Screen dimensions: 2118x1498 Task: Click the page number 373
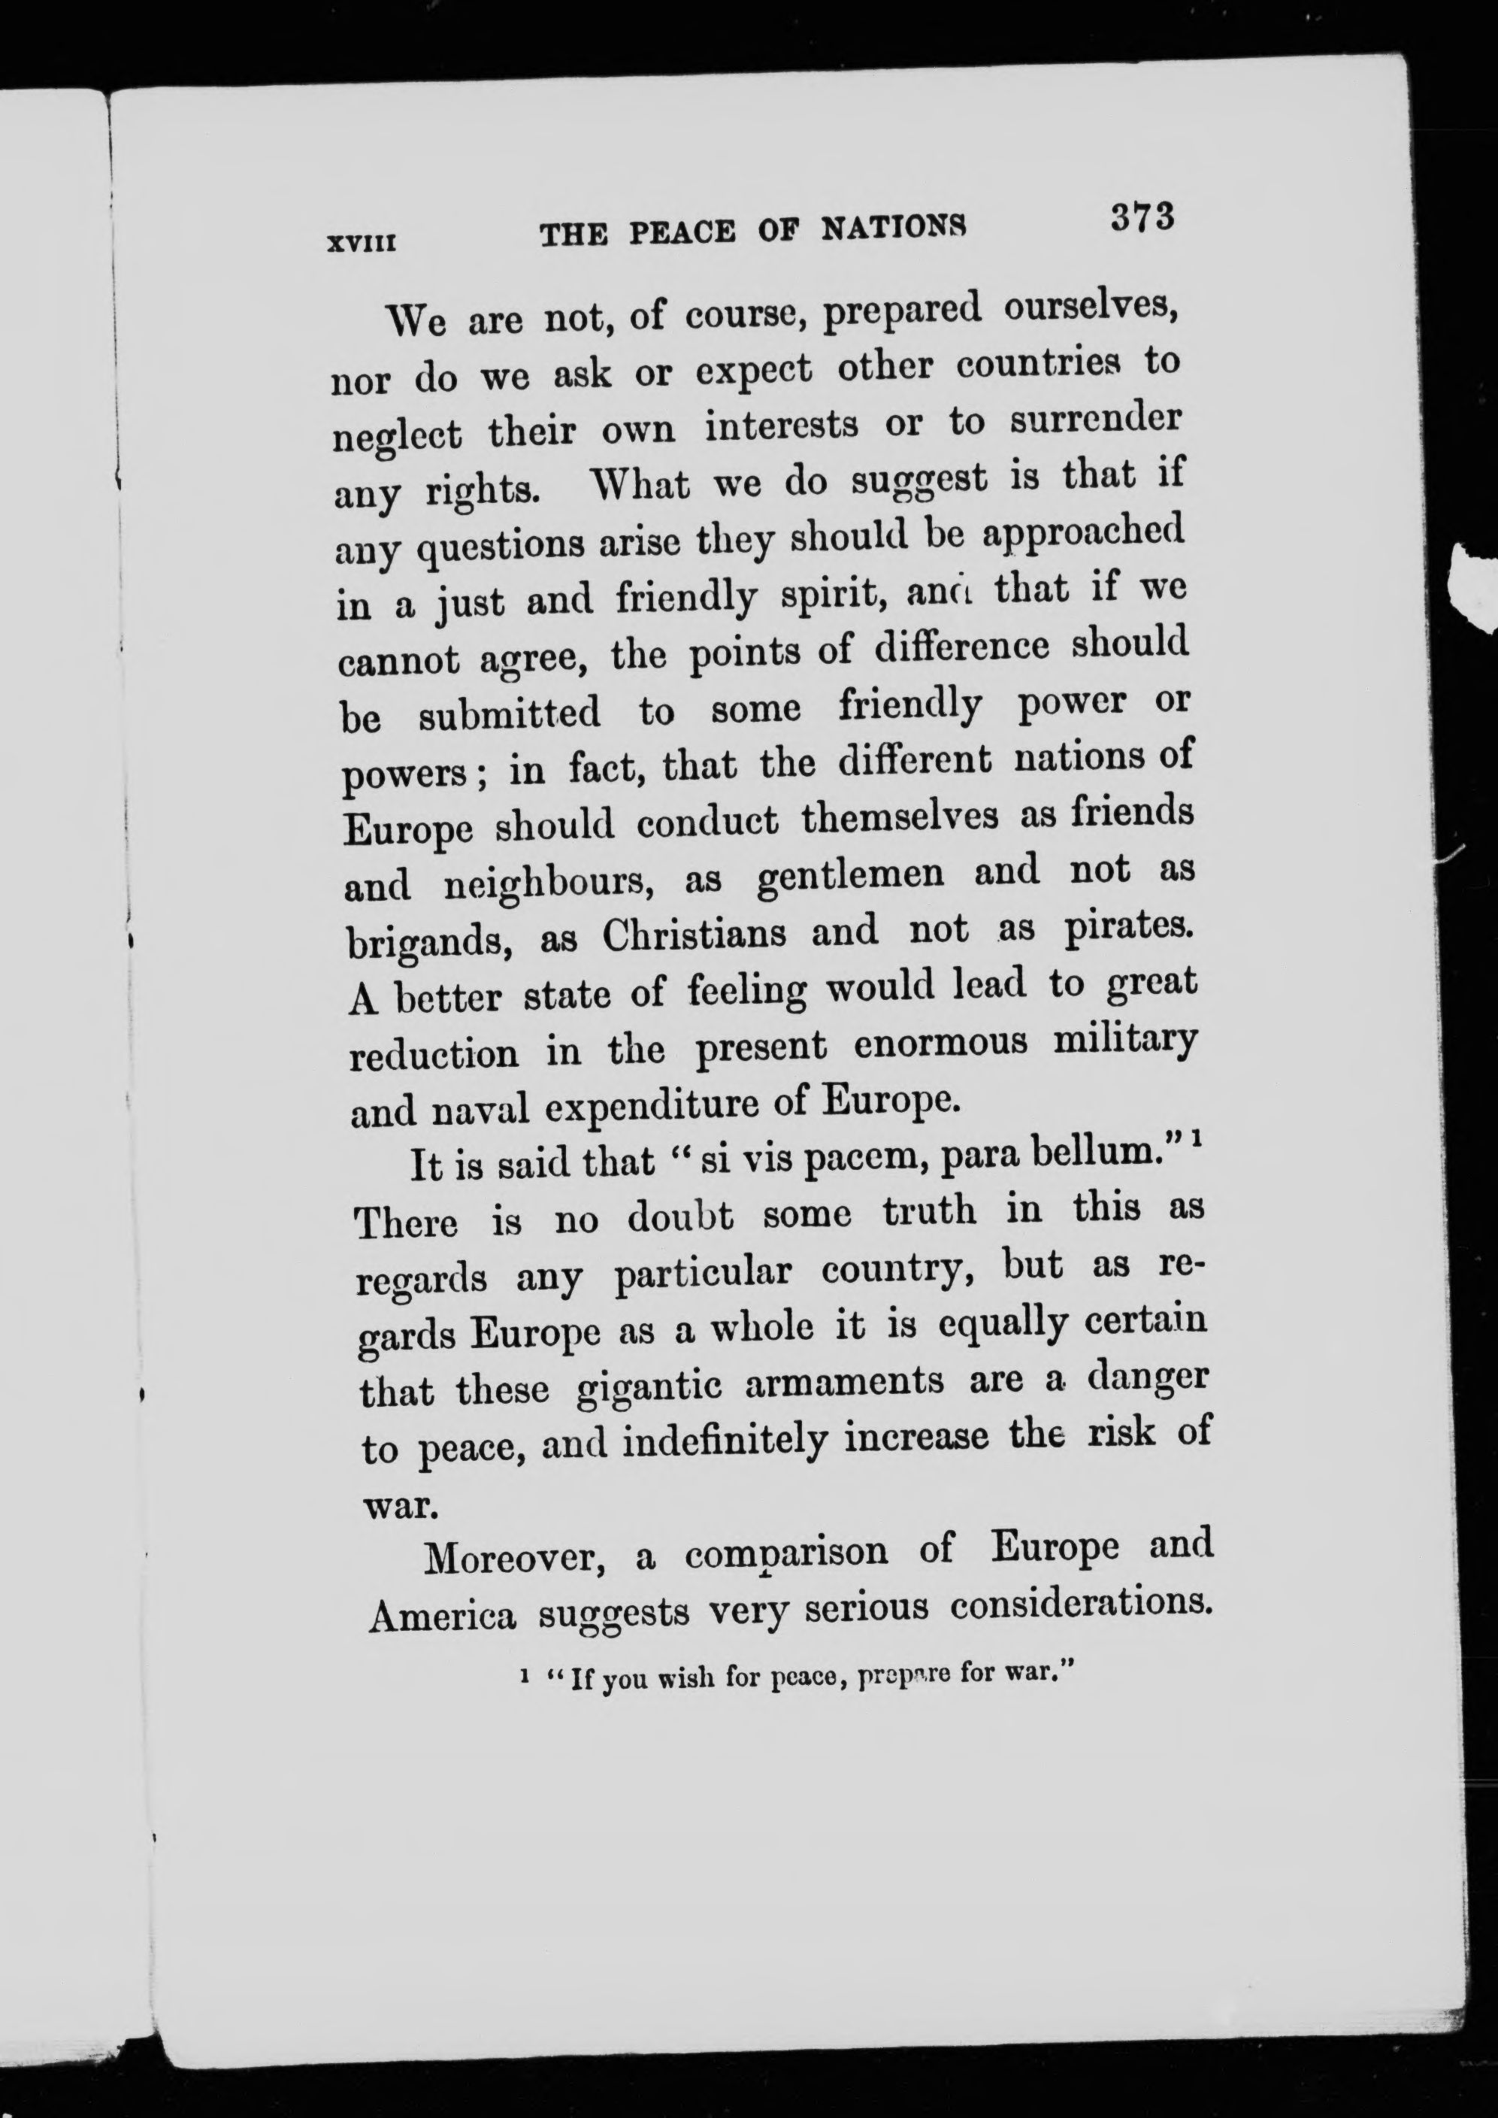coord(1141,219)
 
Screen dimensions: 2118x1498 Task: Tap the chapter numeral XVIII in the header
coord(362,244)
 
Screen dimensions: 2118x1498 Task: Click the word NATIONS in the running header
coord(893,228)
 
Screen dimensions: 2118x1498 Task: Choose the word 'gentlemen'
coord(849,874)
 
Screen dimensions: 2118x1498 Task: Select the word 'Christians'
coord(695,935)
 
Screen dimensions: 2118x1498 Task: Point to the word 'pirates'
coord(1130,926)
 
